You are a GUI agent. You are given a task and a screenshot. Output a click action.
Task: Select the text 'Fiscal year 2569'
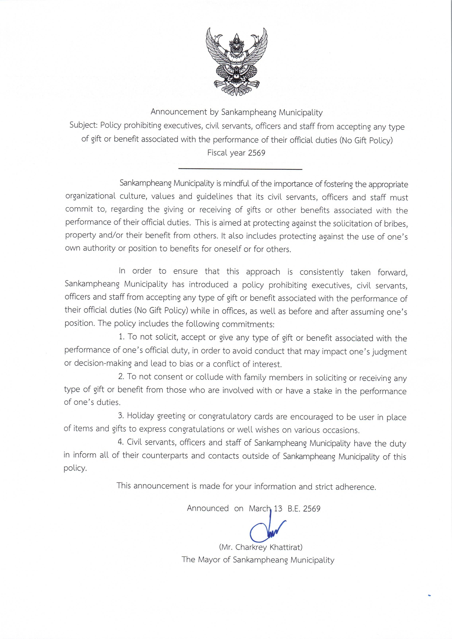236,153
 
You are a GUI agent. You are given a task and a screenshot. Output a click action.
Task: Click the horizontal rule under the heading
240,169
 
